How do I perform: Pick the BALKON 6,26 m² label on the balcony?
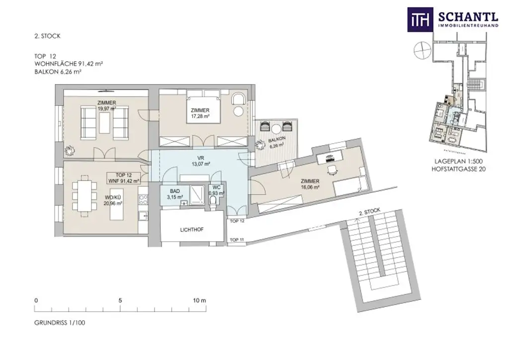(276, 143)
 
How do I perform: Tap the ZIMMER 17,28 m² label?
(198, 113)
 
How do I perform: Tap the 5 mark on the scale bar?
(120, 300)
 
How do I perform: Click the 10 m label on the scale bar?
(199, 300)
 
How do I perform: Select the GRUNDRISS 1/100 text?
(60, 323)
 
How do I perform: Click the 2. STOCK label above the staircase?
(369, 212)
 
